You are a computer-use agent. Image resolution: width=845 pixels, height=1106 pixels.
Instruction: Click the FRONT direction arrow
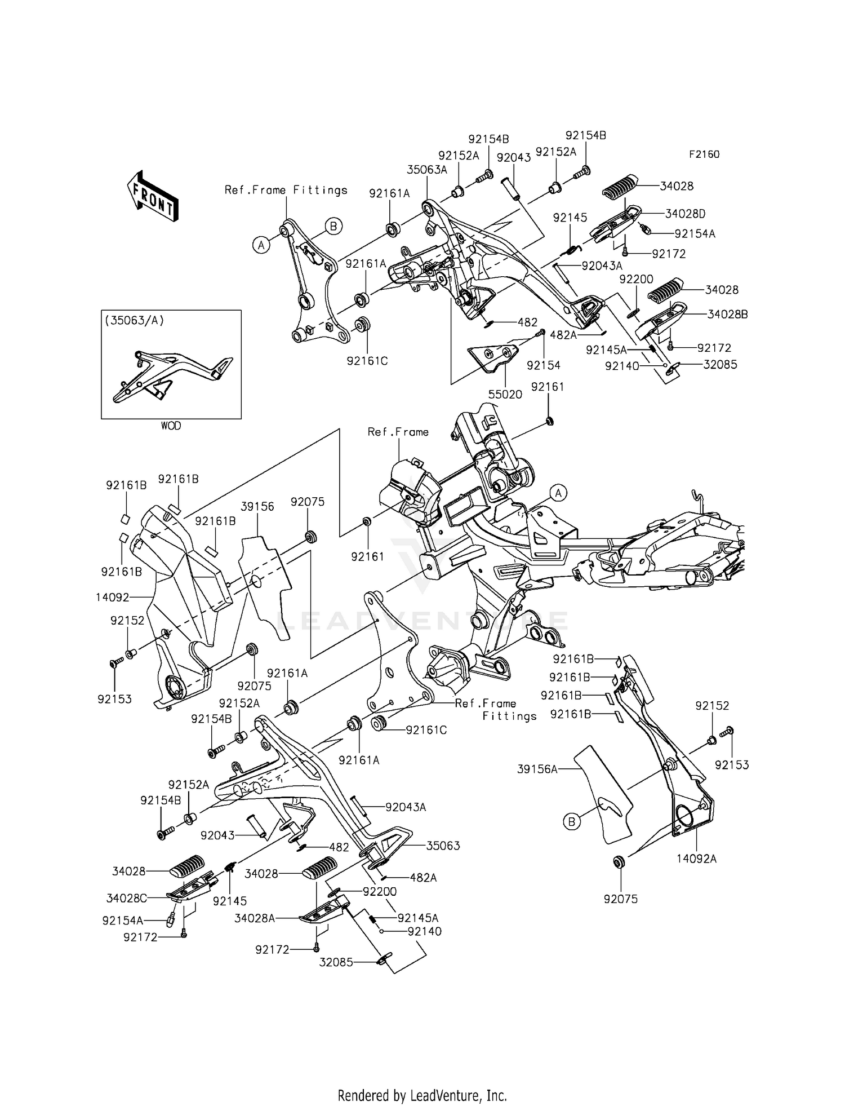(153, 196)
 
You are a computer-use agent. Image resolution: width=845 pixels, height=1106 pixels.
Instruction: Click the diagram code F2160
(704, 154)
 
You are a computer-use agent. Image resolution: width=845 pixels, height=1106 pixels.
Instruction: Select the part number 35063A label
(426, 170)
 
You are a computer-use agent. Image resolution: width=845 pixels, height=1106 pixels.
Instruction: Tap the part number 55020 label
(505, 395)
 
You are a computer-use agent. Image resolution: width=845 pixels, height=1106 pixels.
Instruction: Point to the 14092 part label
(113, 598)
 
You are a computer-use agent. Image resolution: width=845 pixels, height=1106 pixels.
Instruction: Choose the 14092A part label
(697, 859)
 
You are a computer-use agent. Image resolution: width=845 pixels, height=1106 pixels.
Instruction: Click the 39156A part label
(537, 769)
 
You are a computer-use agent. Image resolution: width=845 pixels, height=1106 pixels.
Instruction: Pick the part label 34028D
(685, 214)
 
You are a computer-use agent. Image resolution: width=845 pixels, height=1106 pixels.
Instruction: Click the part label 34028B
(727, 315)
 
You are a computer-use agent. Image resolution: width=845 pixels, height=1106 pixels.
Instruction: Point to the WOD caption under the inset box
(171, 426)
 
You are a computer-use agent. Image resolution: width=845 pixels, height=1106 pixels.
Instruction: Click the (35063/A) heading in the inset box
(134, 321)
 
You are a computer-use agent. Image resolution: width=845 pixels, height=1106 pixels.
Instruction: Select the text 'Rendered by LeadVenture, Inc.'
(422, 1079)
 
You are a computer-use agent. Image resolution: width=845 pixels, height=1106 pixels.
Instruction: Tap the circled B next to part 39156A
(571, 822)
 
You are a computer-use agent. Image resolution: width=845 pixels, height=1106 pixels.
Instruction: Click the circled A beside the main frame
(558, 493)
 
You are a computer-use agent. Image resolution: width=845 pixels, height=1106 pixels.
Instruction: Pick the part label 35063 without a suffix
(443, 846)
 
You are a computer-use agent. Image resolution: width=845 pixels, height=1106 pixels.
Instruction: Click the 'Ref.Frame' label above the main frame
(398, 432)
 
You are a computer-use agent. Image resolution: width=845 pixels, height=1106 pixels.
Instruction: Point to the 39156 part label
(257, 507)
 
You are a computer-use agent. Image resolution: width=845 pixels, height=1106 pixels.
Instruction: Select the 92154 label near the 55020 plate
(544, 365)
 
